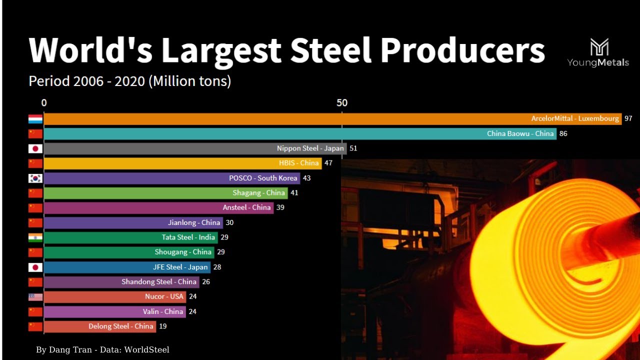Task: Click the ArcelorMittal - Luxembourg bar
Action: coord(332,119)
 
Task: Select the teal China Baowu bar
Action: coord(300,133)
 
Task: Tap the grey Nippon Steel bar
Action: coord(195,148)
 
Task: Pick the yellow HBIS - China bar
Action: coord(182,163)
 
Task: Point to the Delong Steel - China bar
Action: coord(99,326)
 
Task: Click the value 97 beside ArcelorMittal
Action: coord(628,119)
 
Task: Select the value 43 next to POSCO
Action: coord(306,178)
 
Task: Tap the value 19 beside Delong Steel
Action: coord(162,326)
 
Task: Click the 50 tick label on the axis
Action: coord(342,103)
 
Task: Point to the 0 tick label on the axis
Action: coord(44,103)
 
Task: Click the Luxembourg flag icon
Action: coord(35,119)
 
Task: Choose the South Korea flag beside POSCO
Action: coord(35,178)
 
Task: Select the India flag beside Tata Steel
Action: coord(35,237)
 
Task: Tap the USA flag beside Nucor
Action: coord(35,296)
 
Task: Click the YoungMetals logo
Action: coord(598,52)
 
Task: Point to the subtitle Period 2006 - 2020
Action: coord(130,81)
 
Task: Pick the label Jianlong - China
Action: coord(194,222)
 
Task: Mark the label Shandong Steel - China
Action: coord(159,282)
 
